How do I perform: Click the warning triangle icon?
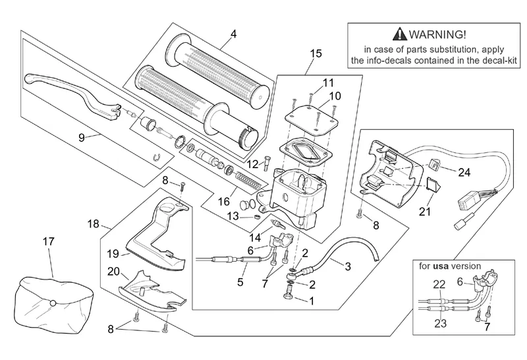(x=399, y=35)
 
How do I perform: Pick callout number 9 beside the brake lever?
(x=82, y=138)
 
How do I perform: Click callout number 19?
(x=113, y=253)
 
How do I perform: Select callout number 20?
(x=113, y=272)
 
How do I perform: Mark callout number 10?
(x=335, y=96)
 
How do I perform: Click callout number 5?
(x=240, y=282)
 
